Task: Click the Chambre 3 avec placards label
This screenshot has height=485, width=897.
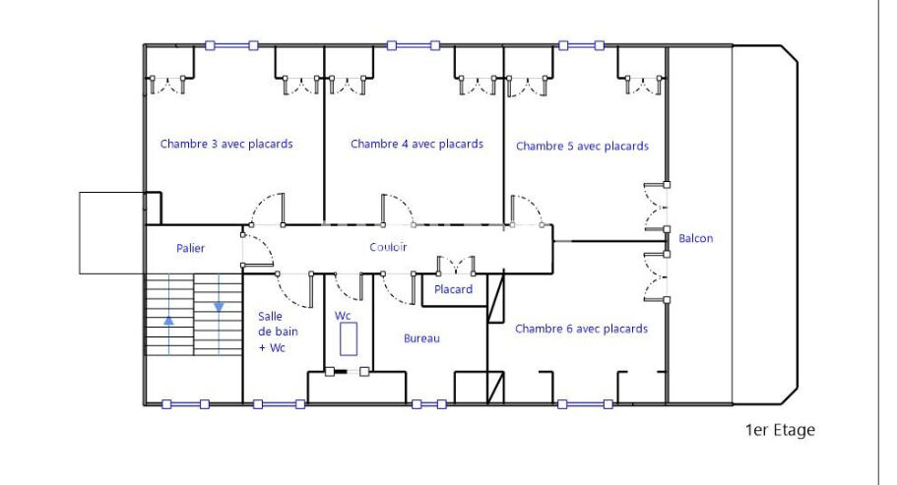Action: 226,144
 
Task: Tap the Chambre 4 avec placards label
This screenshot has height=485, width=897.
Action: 417,144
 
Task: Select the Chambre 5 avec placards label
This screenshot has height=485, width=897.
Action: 582,147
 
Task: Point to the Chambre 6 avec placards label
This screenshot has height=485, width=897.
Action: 581,329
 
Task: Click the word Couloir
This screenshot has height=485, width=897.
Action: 388,247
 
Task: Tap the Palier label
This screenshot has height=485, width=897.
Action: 190,248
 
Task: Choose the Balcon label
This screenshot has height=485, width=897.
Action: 695,238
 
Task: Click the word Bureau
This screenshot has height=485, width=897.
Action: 421,338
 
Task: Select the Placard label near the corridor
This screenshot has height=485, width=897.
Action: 453,289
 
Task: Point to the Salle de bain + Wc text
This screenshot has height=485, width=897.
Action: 278,332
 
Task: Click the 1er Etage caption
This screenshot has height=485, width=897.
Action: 780,430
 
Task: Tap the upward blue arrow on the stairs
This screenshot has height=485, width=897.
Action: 168,321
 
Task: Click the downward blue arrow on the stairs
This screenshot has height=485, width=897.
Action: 219,307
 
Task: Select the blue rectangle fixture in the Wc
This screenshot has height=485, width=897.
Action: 349,338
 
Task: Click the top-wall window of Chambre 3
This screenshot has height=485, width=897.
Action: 231,45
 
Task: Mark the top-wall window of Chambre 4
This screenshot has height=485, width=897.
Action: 413,45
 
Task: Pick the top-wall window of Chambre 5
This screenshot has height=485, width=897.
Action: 581,45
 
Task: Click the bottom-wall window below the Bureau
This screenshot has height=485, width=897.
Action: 429,404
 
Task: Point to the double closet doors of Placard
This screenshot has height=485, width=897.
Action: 456,266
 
